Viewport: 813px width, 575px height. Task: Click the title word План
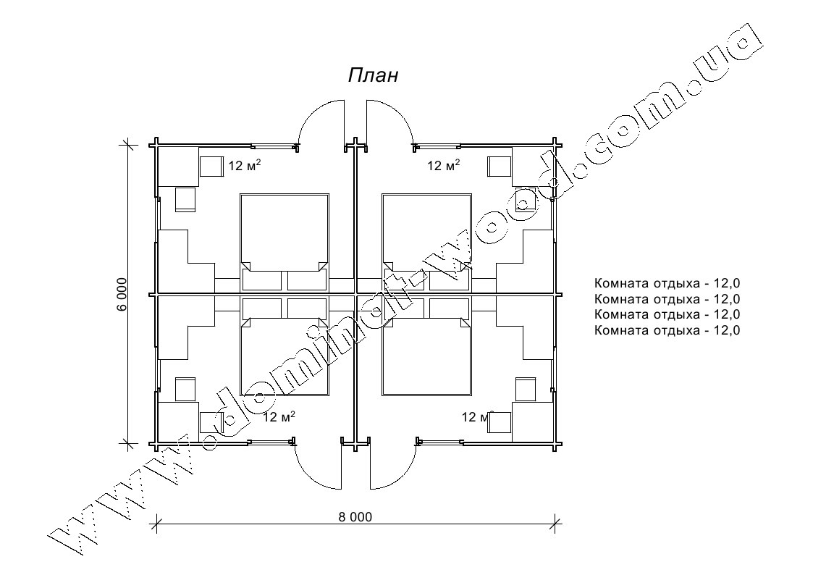pyautogui.click(x=373, y=75)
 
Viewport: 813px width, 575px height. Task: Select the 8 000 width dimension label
pyautogui.click(x=355, y=517)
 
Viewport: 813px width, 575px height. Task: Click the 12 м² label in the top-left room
pyautogui.click(x=244, y=165)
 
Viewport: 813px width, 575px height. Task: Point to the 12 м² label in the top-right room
pyautogui.click(x=443, y=165)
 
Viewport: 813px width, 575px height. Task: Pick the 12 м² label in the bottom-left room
pyautogui.click(x=279, y=416)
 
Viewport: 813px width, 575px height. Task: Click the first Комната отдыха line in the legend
pyautogui.click(x=667, y=283)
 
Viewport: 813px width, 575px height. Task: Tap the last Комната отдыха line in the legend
pyautogui.click(x=667, y=330)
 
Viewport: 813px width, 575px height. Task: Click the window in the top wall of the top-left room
pyautogui.click(x=274, y=145)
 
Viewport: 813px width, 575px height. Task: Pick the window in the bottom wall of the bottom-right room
pyautogui.click(x=439, y=441)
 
